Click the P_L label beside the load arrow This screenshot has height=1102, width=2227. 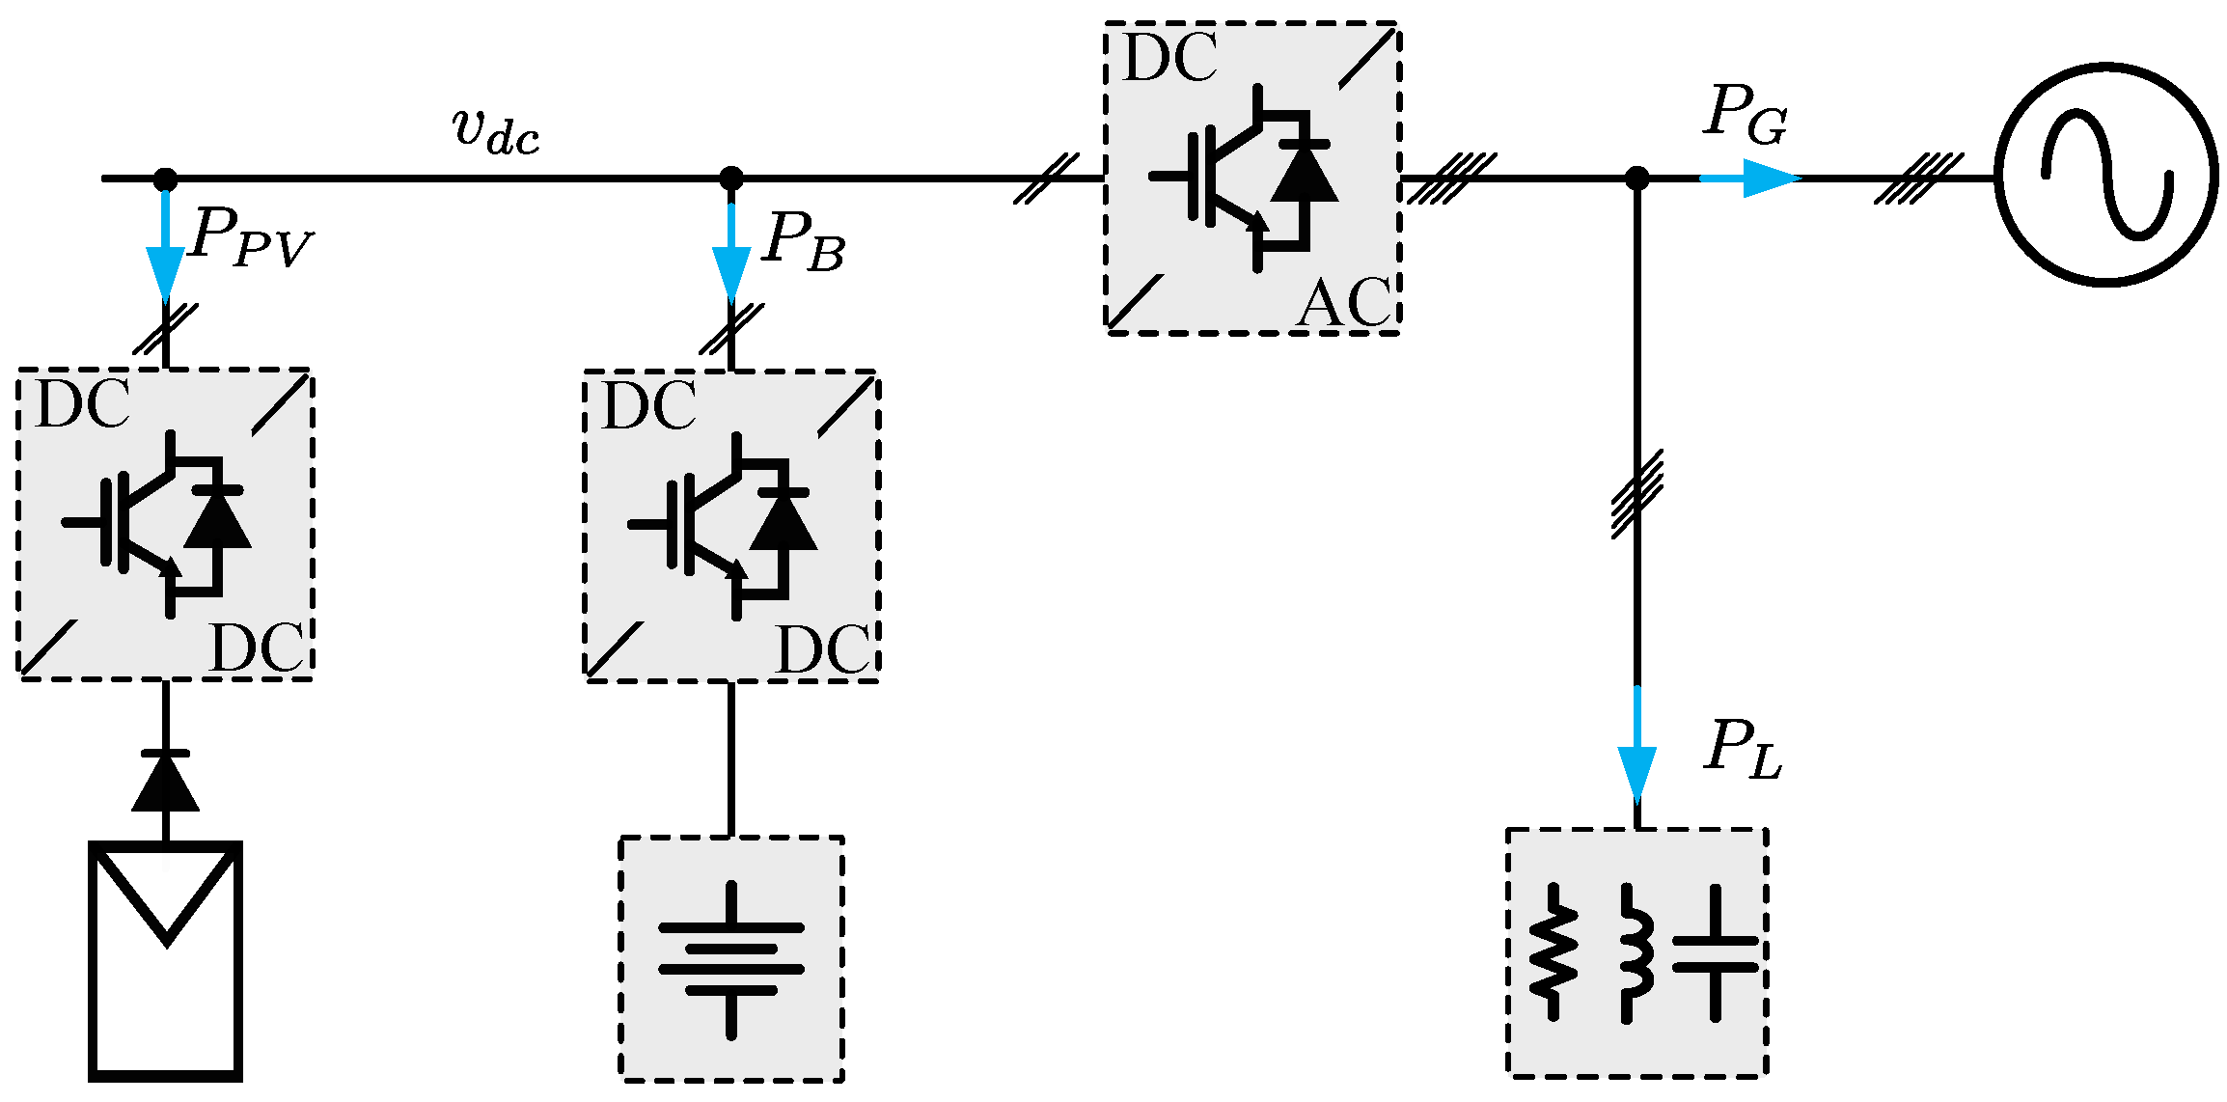click(x=1742, y=750)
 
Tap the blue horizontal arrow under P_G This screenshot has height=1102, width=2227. click(x=1749, y=179)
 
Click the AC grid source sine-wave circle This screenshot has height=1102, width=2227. click(x=2106, y=175)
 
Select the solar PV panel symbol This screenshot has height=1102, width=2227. click(x=165, y=961)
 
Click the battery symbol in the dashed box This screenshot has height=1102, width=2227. click(x=730, y=959)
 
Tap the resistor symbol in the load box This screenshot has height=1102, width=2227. click(x=1553, y=952)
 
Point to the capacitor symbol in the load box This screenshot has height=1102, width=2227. click(x=1715, y=953)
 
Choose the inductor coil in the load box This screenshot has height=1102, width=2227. click(x=1634, y=953)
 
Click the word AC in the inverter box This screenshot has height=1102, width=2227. click(x=1344, y=303)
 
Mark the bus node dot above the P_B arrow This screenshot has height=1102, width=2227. click(x=730, y=179)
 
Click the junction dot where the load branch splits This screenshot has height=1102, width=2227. click(x=1636, y=179)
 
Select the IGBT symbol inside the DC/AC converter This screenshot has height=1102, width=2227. click(x=1245, y=179)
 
